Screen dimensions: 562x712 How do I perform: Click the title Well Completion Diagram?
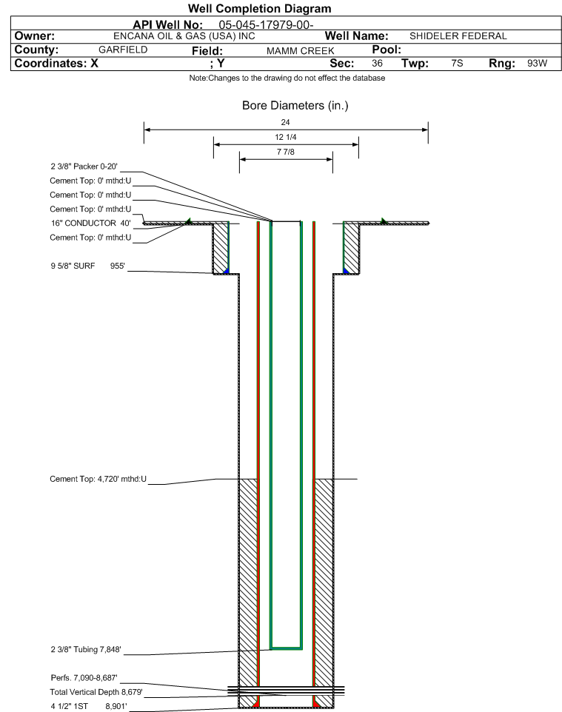(x=259, y=9)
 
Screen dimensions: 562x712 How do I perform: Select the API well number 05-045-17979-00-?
(x=266, y=24)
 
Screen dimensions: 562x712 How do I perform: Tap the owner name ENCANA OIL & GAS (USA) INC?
(x=184, y=36)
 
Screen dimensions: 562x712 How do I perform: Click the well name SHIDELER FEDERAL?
(x=458, y=36)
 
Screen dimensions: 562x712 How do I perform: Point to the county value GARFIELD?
(x=123, y=50)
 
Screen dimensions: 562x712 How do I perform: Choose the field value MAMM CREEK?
(x=301, y=51)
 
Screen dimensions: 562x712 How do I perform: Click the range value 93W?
(x=537, y=63)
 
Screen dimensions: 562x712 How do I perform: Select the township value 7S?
(x=457, y=63)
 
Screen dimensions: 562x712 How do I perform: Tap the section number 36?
(x=377, y=63)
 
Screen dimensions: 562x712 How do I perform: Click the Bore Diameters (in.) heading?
(x=295, y=106)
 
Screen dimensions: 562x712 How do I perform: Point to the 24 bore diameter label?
(x=285, y=122)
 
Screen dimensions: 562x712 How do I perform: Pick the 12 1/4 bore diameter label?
(x=286, y=137)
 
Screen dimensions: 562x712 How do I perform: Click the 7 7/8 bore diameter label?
(x=286, y=152)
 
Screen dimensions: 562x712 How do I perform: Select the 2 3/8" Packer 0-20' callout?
(x=84, y=167)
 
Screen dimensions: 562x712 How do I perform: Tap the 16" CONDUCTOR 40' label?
(x=90, y=224)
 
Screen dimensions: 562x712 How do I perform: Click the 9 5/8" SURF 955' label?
(x=87, y=266)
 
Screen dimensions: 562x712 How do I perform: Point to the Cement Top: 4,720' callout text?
(x=98, y=479)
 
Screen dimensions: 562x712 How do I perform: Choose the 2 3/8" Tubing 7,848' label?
(x=86, y=650)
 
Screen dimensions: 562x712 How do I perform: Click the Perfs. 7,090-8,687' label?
(x=84, y=678)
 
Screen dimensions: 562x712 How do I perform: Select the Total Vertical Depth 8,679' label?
(x=96, y=692)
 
